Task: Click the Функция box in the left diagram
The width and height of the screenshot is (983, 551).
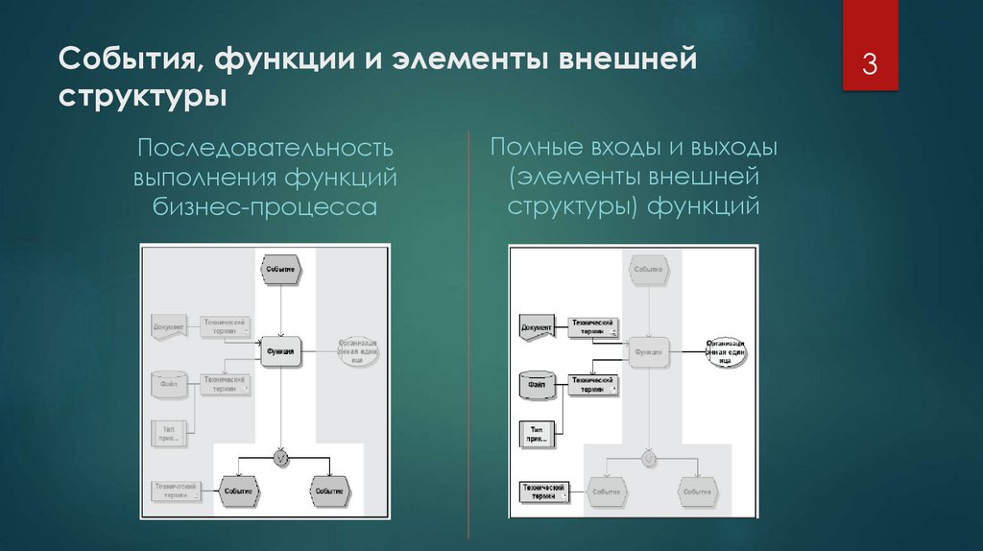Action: point(280,351)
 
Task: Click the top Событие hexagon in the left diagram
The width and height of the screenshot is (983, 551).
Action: point(279,270)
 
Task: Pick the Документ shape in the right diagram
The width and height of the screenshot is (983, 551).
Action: point(538,327)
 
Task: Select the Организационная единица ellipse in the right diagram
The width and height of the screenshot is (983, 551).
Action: point(726,351)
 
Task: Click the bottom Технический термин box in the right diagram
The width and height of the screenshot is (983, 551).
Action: point(542,490)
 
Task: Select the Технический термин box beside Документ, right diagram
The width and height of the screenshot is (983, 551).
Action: point(592,326)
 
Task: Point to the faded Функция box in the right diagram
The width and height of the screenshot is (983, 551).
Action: point(649,351)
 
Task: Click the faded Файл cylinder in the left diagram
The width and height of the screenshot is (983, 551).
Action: point(168,385)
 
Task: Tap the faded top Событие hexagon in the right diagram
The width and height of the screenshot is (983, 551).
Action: point(649,270)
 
